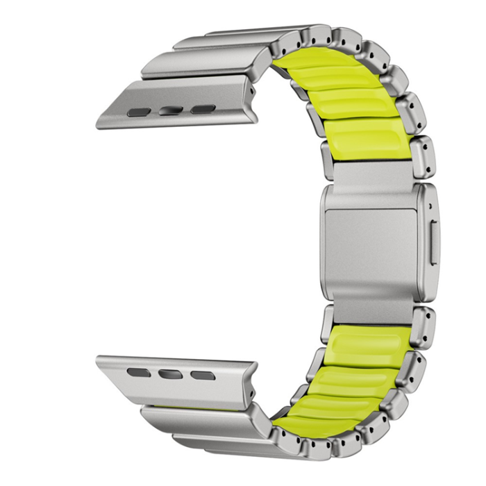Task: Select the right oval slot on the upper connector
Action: [203, 109]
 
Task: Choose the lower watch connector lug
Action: [174, 375]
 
